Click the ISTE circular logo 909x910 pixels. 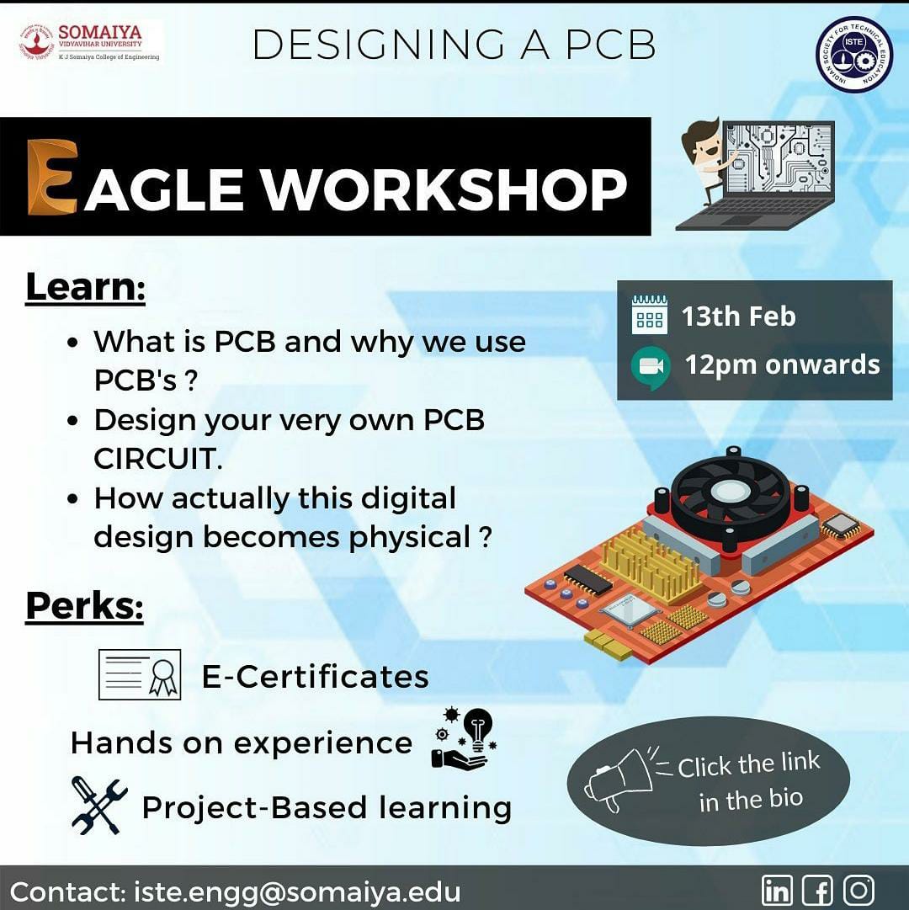click(854, 54)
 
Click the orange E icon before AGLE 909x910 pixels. click(53, 177)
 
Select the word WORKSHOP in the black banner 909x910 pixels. click(445, 189)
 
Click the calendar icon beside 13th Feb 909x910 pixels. click(649, 315)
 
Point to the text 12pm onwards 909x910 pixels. click(782, 365)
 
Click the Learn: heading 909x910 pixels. click(85, 287)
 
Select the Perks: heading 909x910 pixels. click(84, 606)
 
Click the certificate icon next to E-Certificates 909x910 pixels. click(140, 674)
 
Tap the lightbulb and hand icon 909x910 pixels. click(464, 738)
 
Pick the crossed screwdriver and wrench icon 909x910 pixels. click(99, 806)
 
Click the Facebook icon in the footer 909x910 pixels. click(817, 889)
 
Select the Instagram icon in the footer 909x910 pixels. click(858, 889)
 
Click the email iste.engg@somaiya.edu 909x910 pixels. click(297, 891)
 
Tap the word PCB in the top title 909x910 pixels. click(611, 44)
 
